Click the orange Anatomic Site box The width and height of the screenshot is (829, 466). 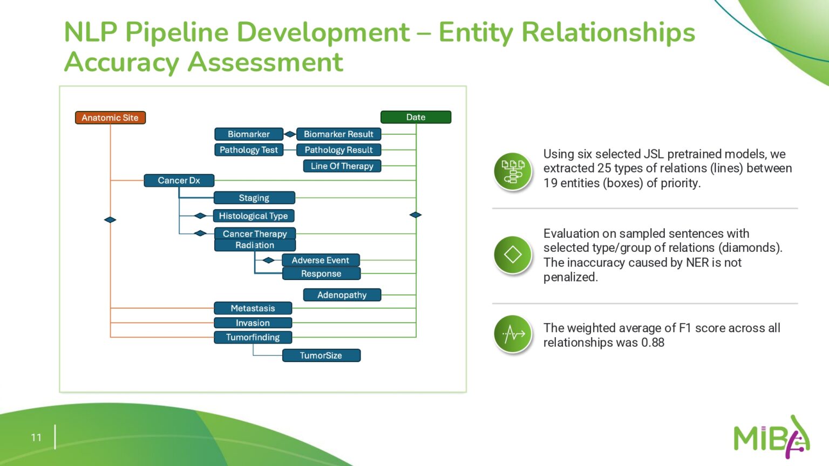pos(110,118)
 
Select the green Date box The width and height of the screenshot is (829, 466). pos(416,117)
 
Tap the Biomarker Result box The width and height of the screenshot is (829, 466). pos(338,134)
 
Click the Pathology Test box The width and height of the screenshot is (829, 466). pos(248,150)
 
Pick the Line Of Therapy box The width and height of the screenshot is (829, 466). pos(342,166)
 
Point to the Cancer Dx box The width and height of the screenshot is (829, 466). pos(179,181)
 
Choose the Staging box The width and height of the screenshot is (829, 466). pos(254,198)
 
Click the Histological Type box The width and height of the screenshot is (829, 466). pos(253,216)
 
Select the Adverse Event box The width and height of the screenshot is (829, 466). pos(320,261)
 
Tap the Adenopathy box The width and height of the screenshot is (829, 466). pos(342,295)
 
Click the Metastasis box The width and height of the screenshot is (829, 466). pos(253,309)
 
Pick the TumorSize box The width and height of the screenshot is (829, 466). pos(321,355)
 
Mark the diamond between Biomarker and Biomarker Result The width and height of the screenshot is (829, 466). pos(290,134)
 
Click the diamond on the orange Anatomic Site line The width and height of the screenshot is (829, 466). pos(110,220)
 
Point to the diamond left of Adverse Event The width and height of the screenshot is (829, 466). pos(268,261)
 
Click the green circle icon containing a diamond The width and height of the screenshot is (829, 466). pos(513,255)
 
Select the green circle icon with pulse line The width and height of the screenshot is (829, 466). pos(513,334)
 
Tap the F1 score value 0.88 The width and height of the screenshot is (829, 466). pos(653,343)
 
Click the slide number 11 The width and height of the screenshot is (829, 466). pos(36,437)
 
